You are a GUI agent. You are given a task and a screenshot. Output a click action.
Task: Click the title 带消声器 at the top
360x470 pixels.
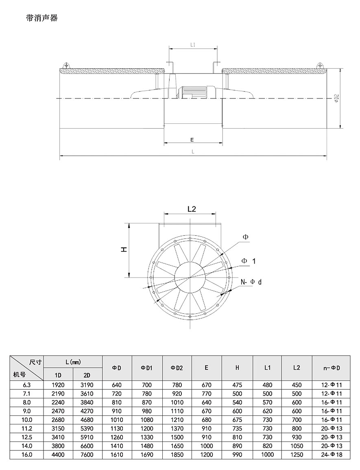pyautogui.click(x=42, y=18)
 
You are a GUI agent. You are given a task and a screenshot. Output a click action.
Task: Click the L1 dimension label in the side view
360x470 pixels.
pyautogui.click(x=193, y=45)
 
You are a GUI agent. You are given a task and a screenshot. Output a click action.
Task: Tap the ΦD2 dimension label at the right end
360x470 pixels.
pyautogui.click(x=336, y=98)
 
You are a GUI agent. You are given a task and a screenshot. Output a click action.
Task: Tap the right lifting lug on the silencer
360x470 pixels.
pyautogui.click(x=320, y=65)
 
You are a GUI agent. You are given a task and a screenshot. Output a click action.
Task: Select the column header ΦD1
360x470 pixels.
pyautogui.click(x=146, y=368)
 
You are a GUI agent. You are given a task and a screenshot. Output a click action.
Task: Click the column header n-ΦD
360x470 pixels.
pyautogui.click(x=331, y=368)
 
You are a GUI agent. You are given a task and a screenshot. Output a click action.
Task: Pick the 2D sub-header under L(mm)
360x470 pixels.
pyautogui.click(x=87, y=374)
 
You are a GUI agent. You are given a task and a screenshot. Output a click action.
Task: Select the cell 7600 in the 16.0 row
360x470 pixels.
pyautogui.click(x=87, y=455)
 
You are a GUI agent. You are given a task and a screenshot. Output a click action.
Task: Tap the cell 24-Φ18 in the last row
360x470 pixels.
pyautogui.click(x=331, y=455)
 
